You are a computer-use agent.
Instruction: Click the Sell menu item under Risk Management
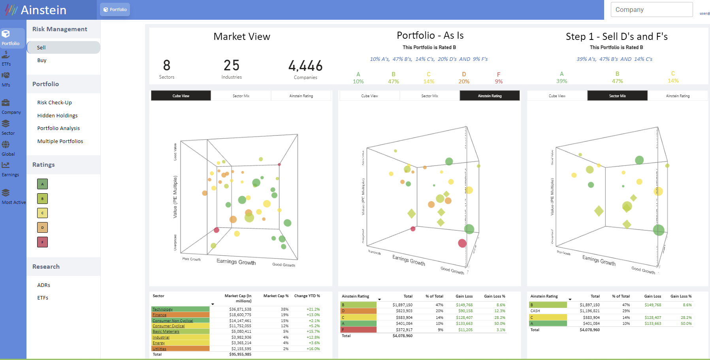(41, 47)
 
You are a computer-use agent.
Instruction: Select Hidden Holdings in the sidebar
(57, 115)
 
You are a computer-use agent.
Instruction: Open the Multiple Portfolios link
(60, 141)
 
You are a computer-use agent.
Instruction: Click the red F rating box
(42, 242)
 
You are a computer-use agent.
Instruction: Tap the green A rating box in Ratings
(42, 184)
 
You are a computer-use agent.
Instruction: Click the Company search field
(652, 9)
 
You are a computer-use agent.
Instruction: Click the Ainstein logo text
(43, 10)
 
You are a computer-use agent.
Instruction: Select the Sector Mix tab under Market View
(241, 96)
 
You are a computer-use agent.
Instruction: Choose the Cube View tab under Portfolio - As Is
(369, 96)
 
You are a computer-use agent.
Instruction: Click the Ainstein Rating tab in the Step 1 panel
(678, 96)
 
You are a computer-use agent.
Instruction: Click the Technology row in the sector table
(162, 309)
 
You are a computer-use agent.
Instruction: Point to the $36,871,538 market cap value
(240, 309)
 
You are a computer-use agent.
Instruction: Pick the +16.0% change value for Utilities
(313, 349)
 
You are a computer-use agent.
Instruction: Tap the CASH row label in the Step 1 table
(535, 311)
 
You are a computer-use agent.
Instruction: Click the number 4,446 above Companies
(305, 66)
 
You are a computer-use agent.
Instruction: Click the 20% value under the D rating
(464, 81)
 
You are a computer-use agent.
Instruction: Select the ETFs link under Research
(43, 298)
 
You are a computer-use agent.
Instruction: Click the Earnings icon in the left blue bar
(6, 165)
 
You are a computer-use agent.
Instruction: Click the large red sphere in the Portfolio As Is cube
(462, 243)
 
